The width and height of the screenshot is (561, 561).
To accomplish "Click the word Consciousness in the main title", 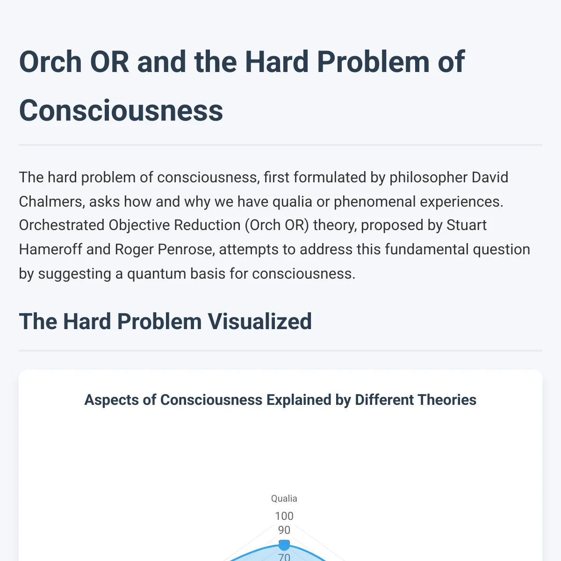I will coord(121,110).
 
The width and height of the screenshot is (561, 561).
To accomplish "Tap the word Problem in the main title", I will coord(373,62).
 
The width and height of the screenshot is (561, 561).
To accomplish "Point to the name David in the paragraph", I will coord(489,177).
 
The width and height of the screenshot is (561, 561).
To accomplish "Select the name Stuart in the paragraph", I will coord(467,225).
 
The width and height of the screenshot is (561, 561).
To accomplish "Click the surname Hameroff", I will coord(50,250).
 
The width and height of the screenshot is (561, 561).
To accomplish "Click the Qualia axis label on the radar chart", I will coord(284,499).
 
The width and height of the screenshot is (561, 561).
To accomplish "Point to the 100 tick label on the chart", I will coord(284,516).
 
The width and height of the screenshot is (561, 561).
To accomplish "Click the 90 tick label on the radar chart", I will coord(284,530).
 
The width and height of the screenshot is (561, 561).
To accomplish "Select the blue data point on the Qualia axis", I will coord(284,545).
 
